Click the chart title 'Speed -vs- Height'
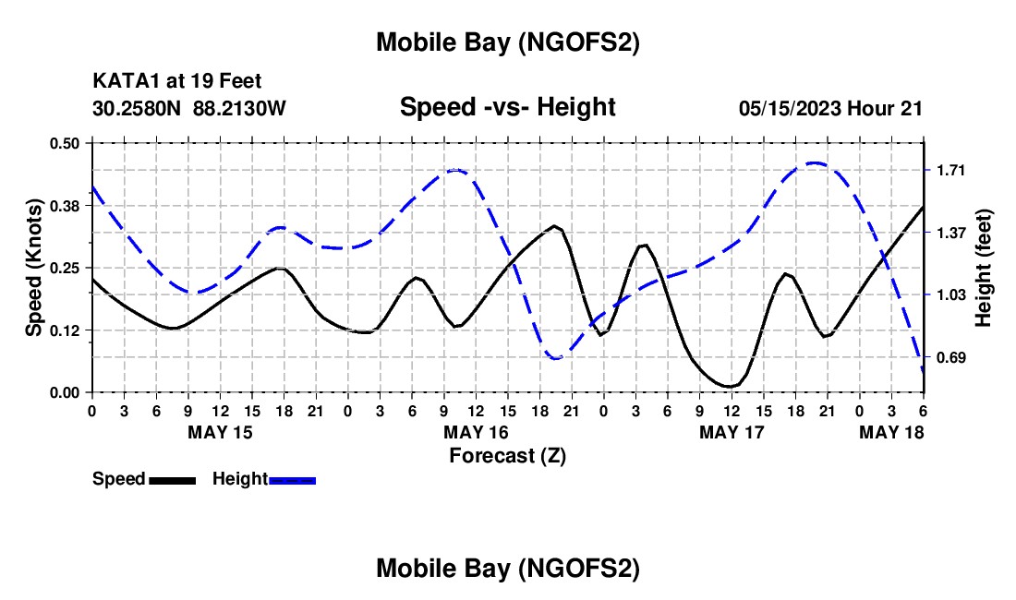tap(507, 107)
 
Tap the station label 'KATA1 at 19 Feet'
tap(177, 82)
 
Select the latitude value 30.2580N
tap(138, 108)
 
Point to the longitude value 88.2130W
tap(240, 108)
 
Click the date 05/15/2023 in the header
tap(790, 108)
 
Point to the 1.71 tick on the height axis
tap(950, 170)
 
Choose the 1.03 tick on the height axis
tap(950, 294)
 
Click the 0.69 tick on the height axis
tap(950, 357)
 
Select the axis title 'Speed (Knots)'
tap(33, 268)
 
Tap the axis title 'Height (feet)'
tap(985, 268)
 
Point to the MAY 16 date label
tap(476, 432)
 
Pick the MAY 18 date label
tap(892, 432)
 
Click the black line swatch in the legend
tap(172, 480)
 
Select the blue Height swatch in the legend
tap(293, 480)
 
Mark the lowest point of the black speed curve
tap(730, 386)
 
